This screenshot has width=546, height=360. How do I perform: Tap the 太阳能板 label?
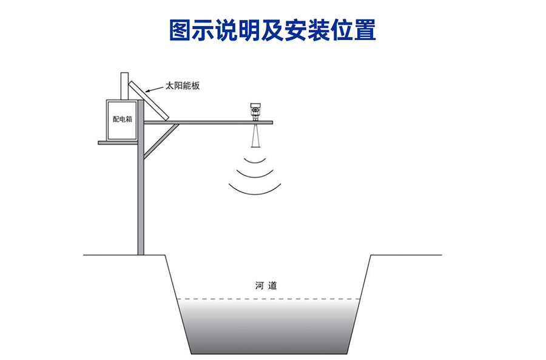pos(183,86)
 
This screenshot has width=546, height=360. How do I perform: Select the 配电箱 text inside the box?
pos(122,120)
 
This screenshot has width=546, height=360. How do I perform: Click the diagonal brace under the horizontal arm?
pos(161,140)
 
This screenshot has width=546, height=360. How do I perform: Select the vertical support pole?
pos(141,200)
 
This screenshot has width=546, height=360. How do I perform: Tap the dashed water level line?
pos(268,299)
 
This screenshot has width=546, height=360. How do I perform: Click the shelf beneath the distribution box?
pos(118,143)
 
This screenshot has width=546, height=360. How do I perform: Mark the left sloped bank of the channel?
pos(178,304)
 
